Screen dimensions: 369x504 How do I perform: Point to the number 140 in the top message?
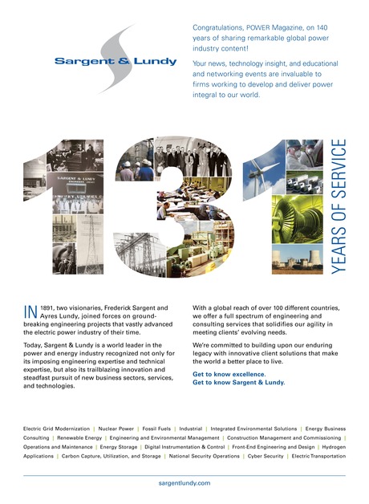point(326,27)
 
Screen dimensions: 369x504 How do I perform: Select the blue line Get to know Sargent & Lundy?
point(239,383)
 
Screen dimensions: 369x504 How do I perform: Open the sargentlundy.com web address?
point(184,483)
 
